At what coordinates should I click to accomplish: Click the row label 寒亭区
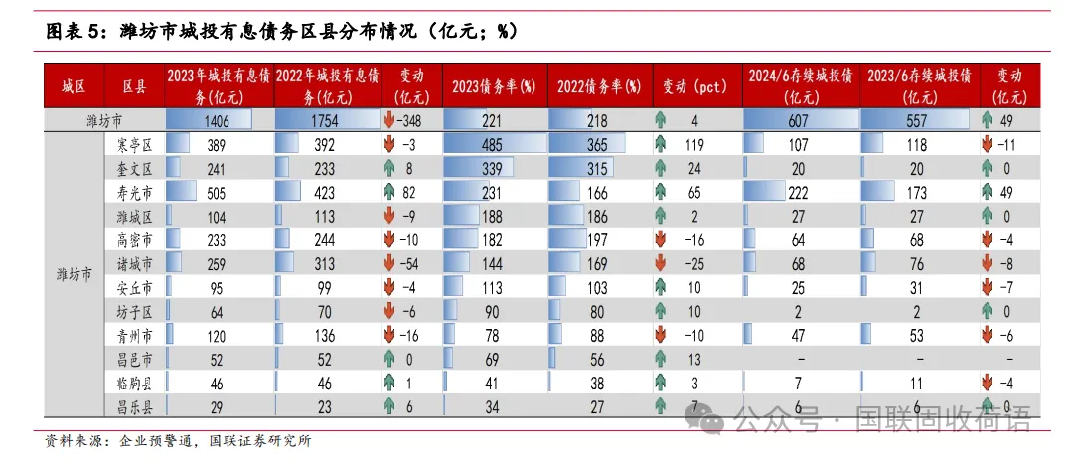(134, 145)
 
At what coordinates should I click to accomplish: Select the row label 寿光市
(134, 193)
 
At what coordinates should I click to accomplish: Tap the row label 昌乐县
(134, 406)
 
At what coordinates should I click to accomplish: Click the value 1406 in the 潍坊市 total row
(211, 121)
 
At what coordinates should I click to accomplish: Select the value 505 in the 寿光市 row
(211, 193)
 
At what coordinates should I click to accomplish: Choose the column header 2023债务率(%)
(494, 86)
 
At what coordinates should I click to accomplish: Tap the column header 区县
(134, 86)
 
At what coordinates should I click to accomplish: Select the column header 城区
(74, 86)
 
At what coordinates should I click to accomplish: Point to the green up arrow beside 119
(660, 145)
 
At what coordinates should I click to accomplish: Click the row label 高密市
(134, 240)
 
